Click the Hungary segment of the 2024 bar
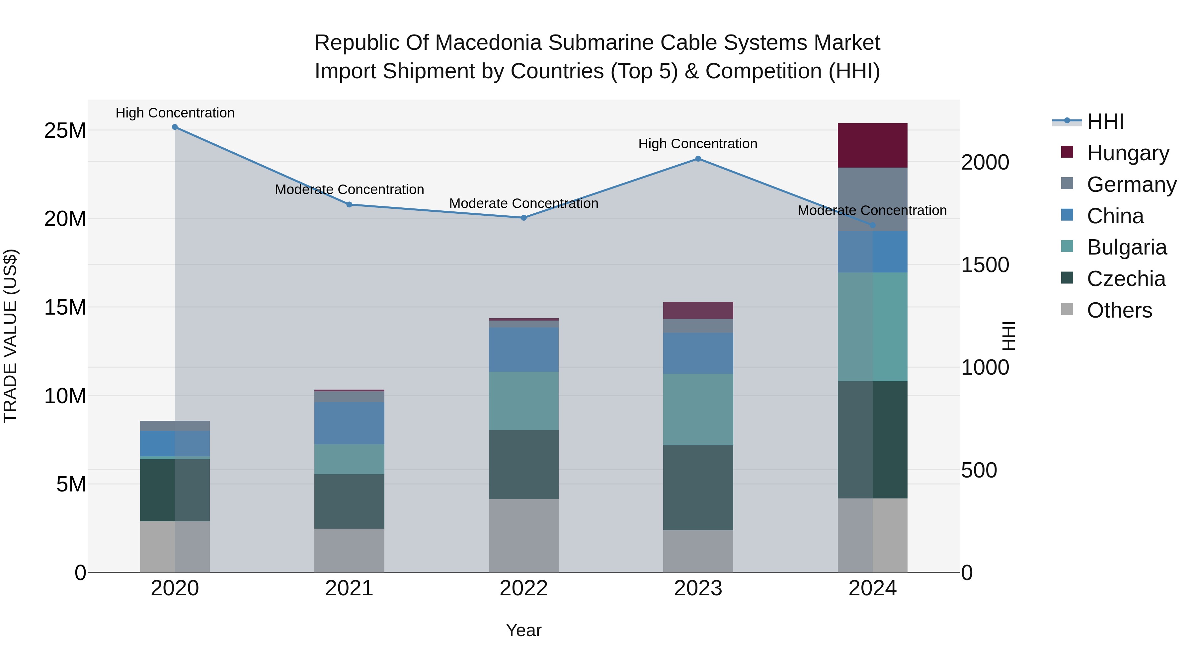(872, 145)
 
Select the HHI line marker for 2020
(175, 127)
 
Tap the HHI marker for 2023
(698, 159)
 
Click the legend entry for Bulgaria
(1126, 247)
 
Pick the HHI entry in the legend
(1105, 121)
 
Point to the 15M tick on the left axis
(65, 307)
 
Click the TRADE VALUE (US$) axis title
(10, 336)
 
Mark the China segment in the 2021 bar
(349, 423)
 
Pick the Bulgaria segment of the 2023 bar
(698, 410)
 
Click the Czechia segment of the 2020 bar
(175, 490)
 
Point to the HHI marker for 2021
(349, 204)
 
